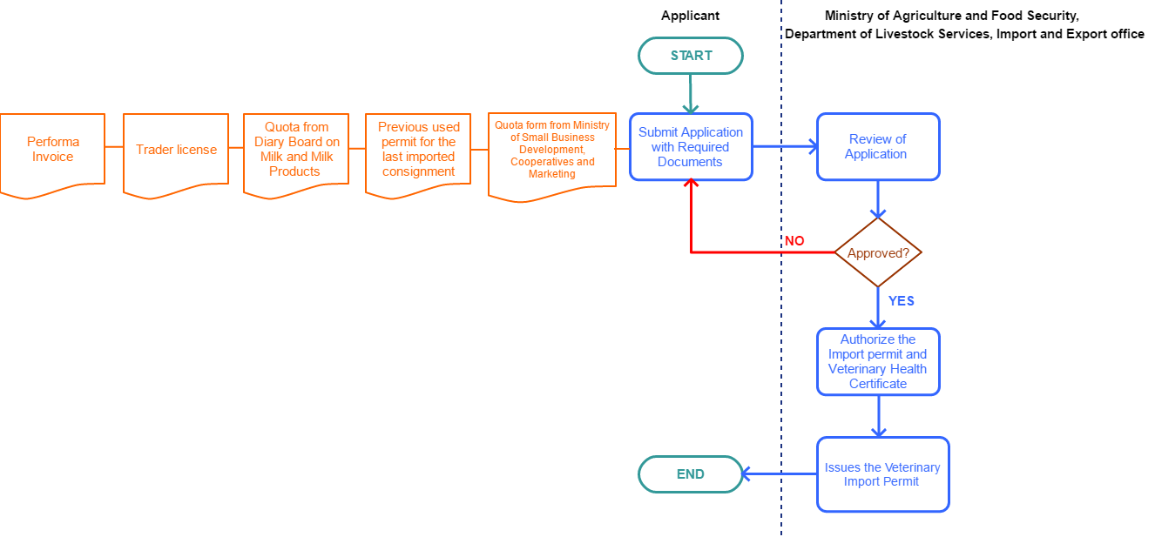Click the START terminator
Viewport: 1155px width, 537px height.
690,56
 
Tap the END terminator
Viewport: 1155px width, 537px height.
690,474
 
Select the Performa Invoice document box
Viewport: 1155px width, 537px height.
52,150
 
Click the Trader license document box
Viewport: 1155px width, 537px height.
176,150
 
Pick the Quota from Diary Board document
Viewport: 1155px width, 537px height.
296,150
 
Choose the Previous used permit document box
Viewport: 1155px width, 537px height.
418,150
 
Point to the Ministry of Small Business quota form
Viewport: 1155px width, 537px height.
552,151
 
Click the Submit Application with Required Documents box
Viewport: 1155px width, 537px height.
691,147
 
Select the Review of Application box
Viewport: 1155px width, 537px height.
878,147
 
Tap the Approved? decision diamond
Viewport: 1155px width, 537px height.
878,252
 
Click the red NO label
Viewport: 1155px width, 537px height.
794,241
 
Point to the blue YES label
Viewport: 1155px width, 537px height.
901,301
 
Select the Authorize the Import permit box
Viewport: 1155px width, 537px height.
878,362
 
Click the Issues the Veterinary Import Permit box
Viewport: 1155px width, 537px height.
882,474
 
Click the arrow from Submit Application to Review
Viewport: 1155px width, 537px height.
784,147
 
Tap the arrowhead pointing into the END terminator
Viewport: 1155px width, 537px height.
746,474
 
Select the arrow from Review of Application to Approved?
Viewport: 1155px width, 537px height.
878,199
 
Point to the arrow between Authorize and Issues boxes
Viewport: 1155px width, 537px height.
878,417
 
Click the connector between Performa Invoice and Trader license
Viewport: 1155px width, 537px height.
114,147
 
